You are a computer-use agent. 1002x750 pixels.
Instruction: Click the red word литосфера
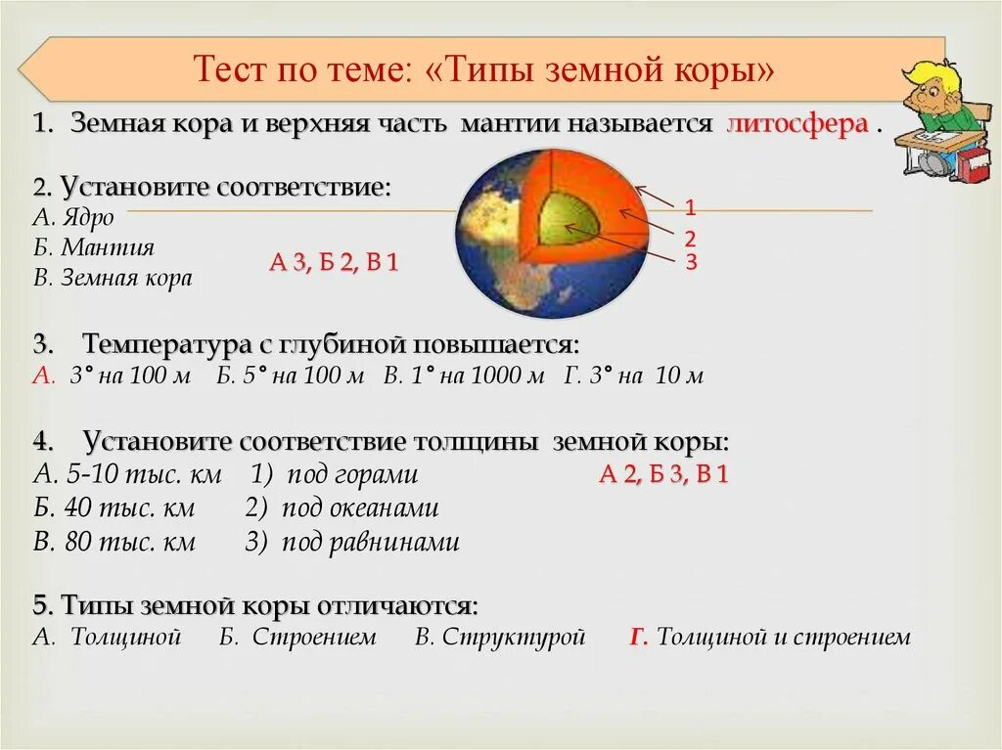(x=797, y=125)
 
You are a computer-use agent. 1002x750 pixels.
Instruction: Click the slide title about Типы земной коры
(x=485, y=70)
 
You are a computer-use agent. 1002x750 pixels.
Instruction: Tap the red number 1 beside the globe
(x=690, y=207)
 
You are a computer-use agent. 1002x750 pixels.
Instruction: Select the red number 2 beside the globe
(x=690, y=238)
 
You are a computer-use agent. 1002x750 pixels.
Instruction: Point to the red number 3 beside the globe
(x=690, y=261)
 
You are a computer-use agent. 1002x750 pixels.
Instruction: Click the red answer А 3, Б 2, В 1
(x=334, y=263)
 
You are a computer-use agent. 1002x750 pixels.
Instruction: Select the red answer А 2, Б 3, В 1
(x=663, y=475)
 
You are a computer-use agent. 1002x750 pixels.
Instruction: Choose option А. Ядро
(x=73, y=217)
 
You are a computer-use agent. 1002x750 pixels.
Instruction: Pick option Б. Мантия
(x=93, y=247)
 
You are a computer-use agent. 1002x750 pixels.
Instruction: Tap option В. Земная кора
(x=113, y=279)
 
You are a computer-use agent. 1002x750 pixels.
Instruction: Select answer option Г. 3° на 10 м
(x=633, y=376)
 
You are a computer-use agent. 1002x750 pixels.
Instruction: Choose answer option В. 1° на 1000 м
(x=463, y=376)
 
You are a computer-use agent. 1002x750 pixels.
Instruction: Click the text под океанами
(x=359, y=508)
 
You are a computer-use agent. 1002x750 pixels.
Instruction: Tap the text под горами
(x=351, y=475)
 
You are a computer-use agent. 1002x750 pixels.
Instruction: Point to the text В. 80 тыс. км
(x=114, y=542)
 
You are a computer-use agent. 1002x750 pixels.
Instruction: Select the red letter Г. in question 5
(x=639, y=638)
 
